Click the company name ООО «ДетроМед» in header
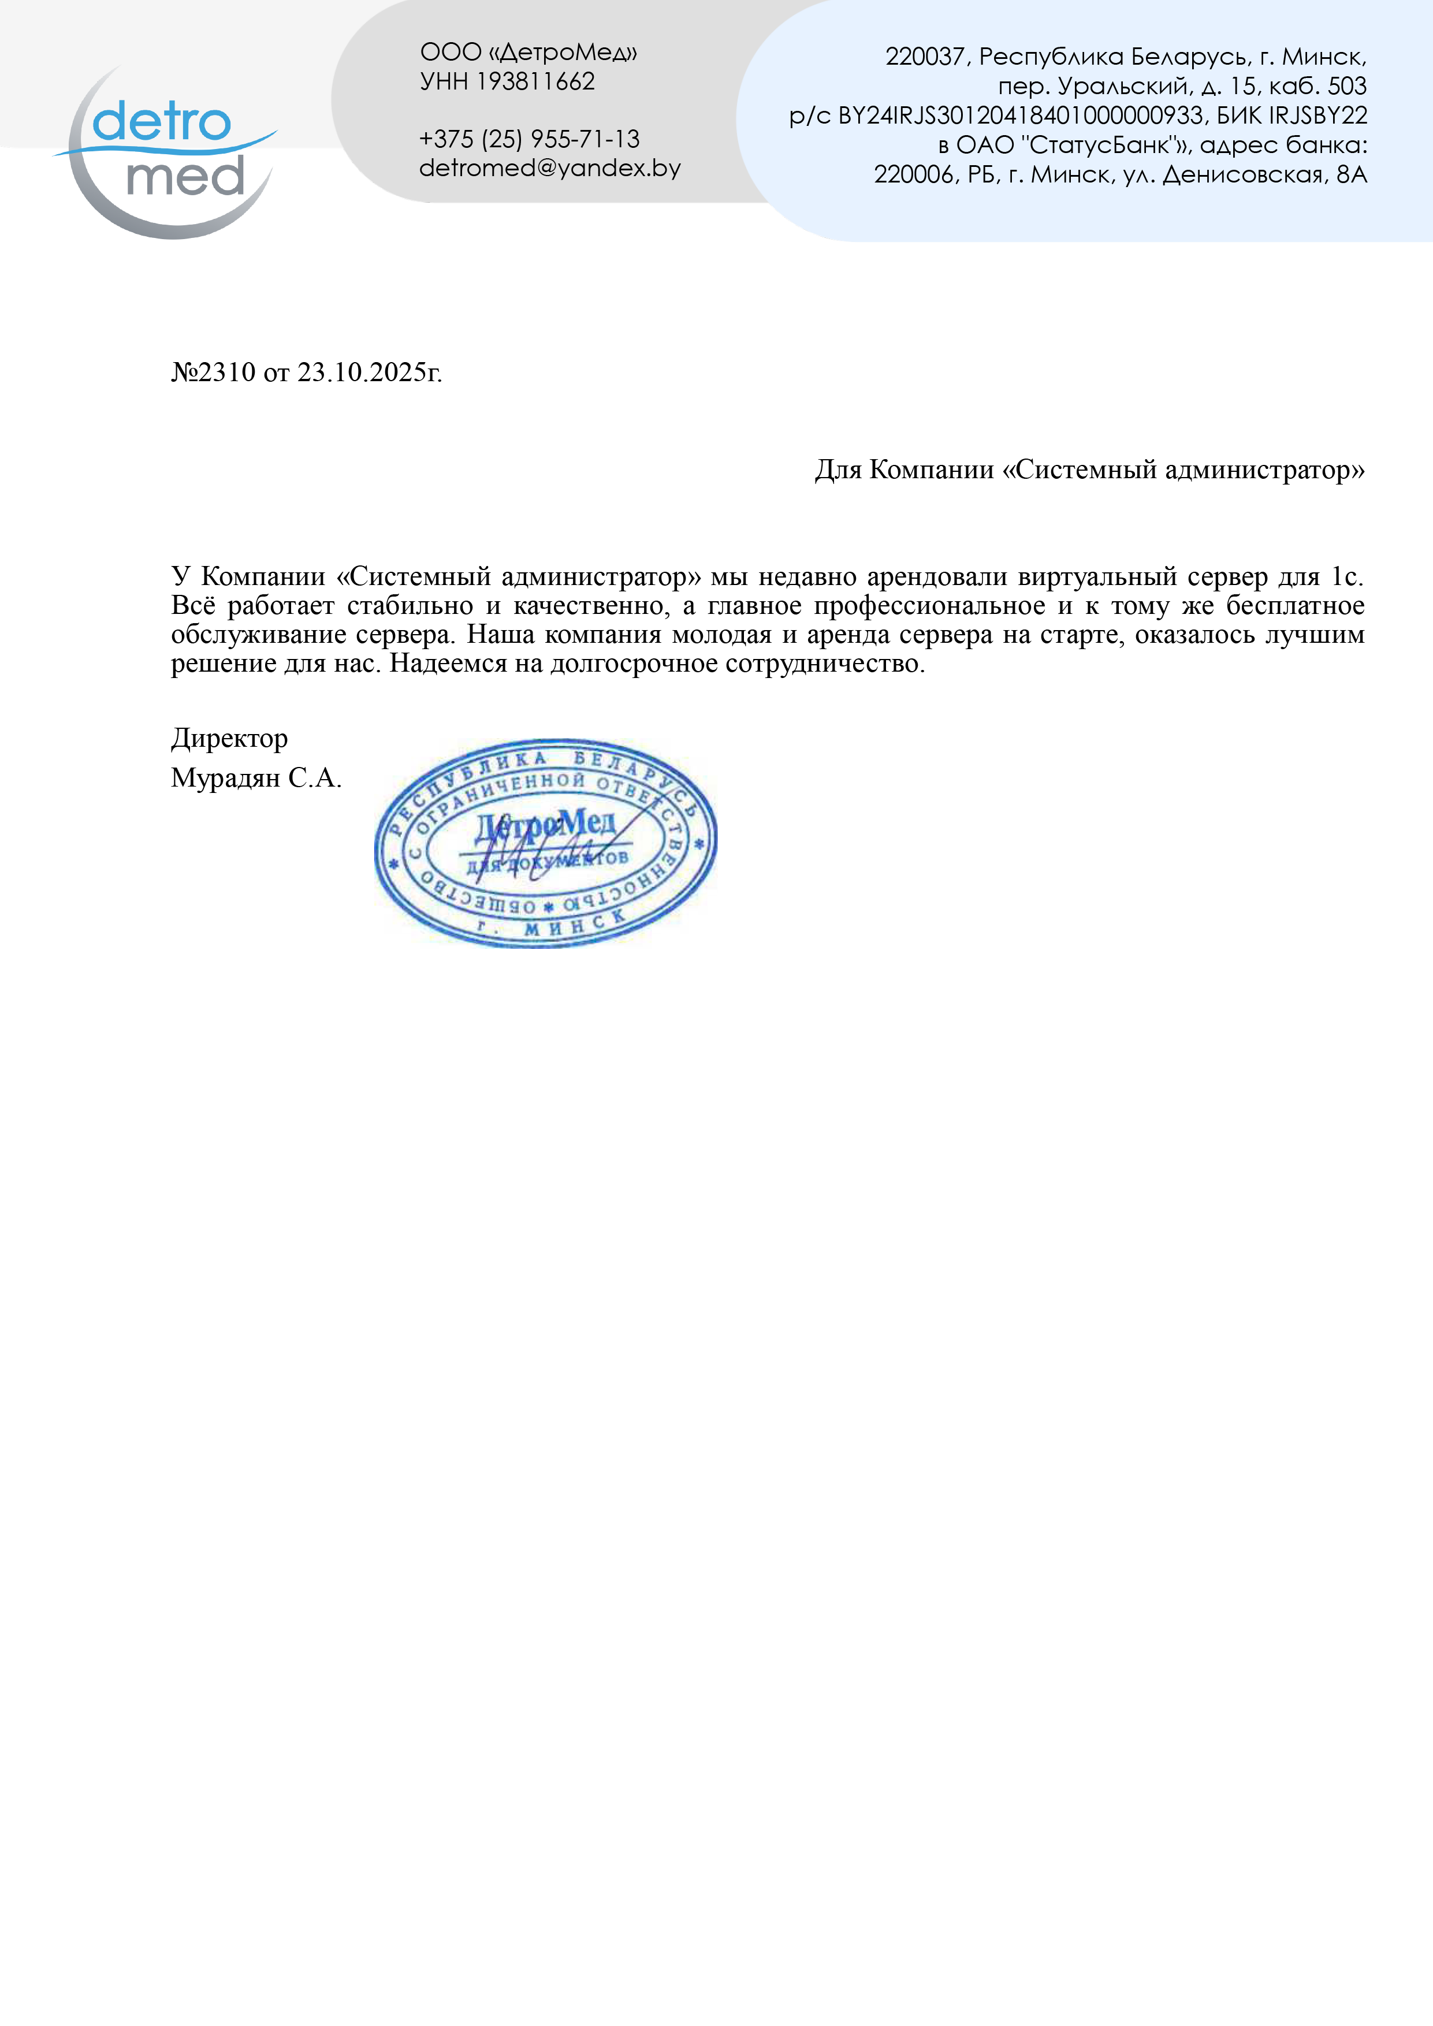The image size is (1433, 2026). click(x=528, y=52)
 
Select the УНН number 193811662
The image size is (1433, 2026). click(x=535, y=81)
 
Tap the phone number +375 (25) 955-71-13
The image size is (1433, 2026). click(x=530, y=139)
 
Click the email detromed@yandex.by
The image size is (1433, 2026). click(x=550, y=167)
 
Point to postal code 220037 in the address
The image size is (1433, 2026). click(x=925, y=57)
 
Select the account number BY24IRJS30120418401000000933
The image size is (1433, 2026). click(x=1020, y=116)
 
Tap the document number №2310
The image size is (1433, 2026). click(x=213, y=373)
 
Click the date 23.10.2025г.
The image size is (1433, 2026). click(x=369, y=373)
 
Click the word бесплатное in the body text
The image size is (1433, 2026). click(x=1294, y=605)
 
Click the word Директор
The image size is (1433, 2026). click(x=229, y=738)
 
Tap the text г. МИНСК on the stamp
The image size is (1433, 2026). click(x=552, y=925)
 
